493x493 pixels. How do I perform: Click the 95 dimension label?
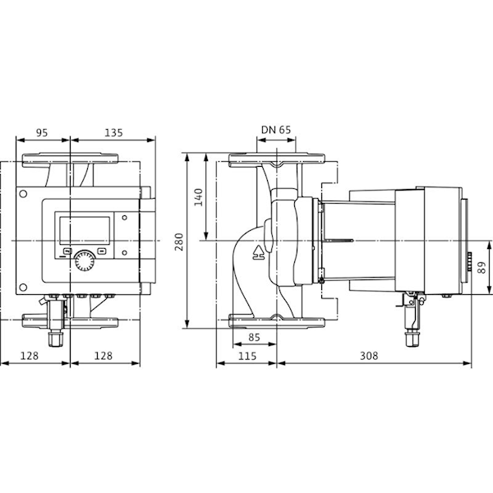(x=42, y=132)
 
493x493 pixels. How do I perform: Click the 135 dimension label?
(x=113, y=132)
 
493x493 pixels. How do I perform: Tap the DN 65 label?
(x=276, y=130)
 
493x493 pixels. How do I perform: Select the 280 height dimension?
(x=179, y=242)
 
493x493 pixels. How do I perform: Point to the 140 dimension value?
(x=198, y=197)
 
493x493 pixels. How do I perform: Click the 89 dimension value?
(x=481, y=268)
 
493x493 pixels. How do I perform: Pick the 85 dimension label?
(x=254, y=338)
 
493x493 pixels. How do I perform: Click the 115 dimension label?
(x=247, y=356)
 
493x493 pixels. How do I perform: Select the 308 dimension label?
(x=369, y=356)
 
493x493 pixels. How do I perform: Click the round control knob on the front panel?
(x=85, y=260)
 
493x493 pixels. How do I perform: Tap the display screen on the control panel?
(x=85, y=230)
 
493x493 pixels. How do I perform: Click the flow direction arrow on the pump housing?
(x=259, y=252)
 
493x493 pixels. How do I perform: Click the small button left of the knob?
(x=67, y=251)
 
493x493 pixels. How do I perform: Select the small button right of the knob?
(x=102, y=251)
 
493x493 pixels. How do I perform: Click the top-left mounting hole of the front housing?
(x=23, y=194)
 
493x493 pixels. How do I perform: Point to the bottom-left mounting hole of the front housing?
(x=23, y=287)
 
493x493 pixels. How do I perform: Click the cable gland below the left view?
(x=56, y=337)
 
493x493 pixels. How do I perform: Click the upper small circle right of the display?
(x=125, y=218)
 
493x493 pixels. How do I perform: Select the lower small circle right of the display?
(x=125, y=252)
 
